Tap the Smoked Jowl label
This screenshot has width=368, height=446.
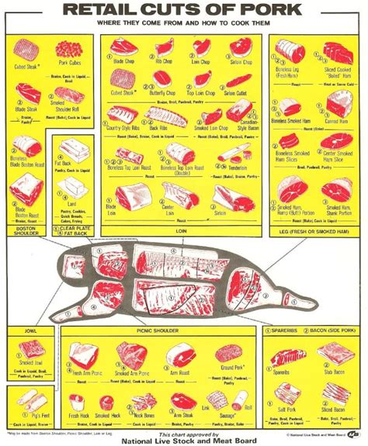coord(31,362)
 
